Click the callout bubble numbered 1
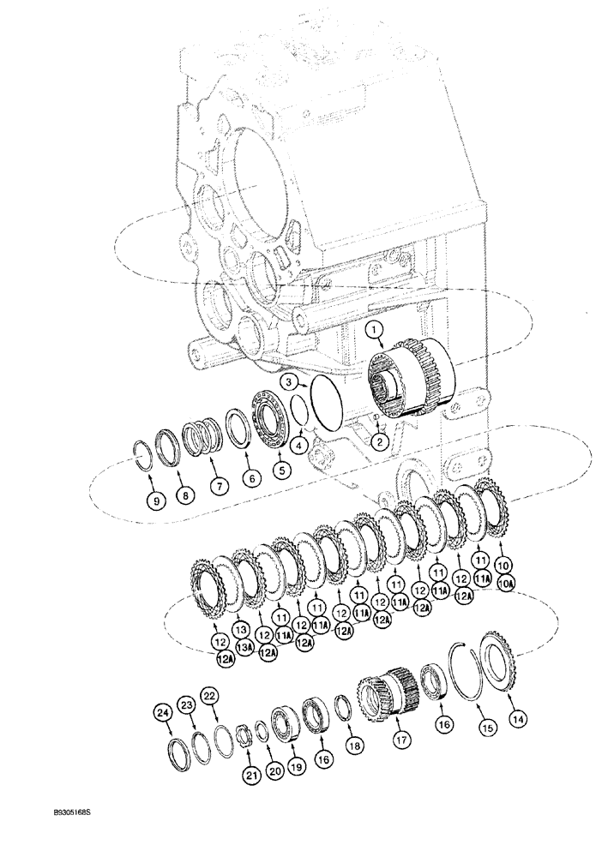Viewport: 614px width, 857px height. [375, 329]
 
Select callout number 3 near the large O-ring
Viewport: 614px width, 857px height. [292, 381]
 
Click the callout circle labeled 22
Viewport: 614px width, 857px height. [208, 694]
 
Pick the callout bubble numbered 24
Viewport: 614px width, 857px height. [163, 710]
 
